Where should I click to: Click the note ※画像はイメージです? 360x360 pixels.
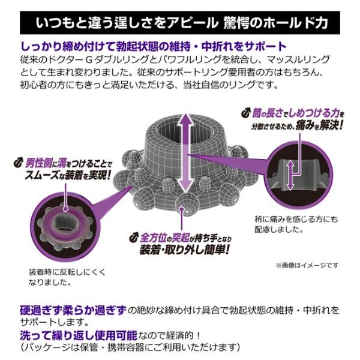pos(310,265)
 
